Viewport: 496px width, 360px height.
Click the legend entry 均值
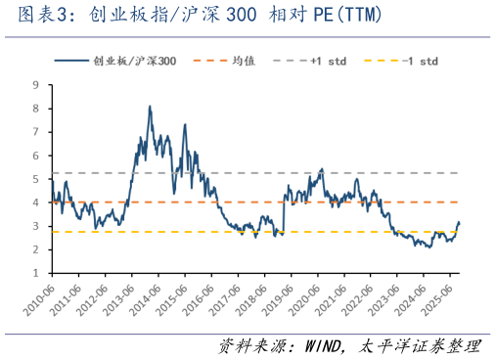tap(243, 61)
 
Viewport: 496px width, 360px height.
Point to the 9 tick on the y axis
tap(36, 85)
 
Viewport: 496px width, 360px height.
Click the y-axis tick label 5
tap(36, 179)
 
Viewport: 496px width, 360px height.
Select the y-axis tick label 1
tap(36, 273)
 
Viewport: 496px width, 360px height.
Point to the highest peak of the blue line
tap(150, 106)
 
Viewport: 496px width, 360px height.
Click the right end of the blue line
tap(460, 222)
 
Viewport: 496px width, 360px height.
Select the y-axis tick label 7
tap(36, 132)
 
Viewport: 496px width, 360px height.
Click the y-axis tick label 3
tap(36, 226)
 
